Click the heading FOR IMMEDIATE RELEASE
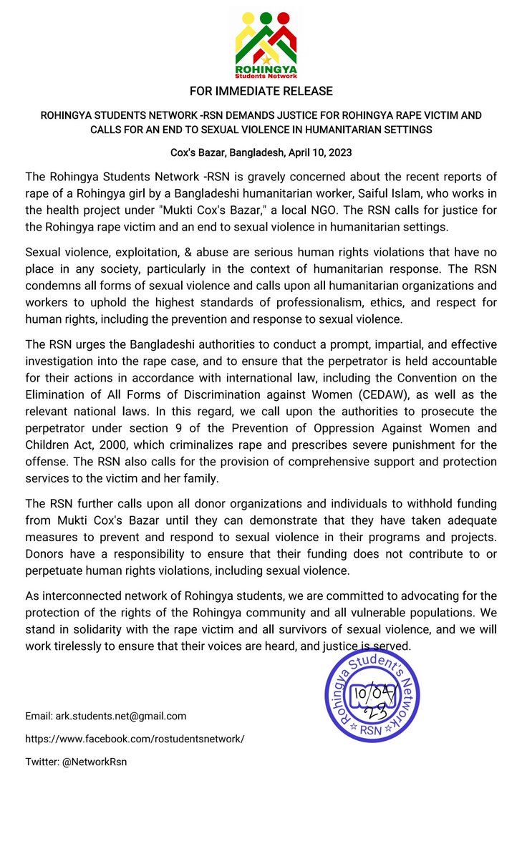(261, 91)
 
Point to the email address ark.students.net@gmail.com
(105, 716)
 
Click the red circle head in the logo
(283, 17)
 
